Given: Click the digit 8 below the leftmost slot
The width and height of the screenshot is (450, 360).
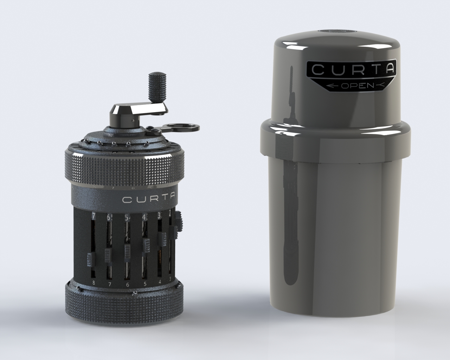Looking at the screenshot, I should pos(94,282).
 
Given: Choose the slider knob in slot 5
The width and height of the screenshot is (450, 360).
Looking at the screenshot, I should pos(146,245).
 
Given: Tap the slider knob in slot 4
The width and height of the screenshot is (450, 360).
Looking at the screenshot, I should pos(162,239).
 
